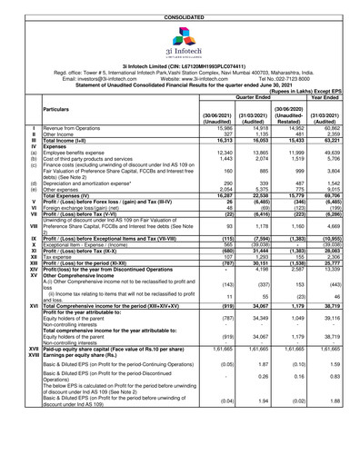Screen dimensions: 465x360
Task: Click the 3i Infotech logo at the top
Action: (x=181, y=37)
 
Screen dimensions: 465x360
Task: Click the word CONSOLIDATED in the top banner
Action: (x=180, y=5)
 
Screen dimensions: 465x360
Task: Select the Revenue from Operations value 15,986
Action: (x=214, y=129)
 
